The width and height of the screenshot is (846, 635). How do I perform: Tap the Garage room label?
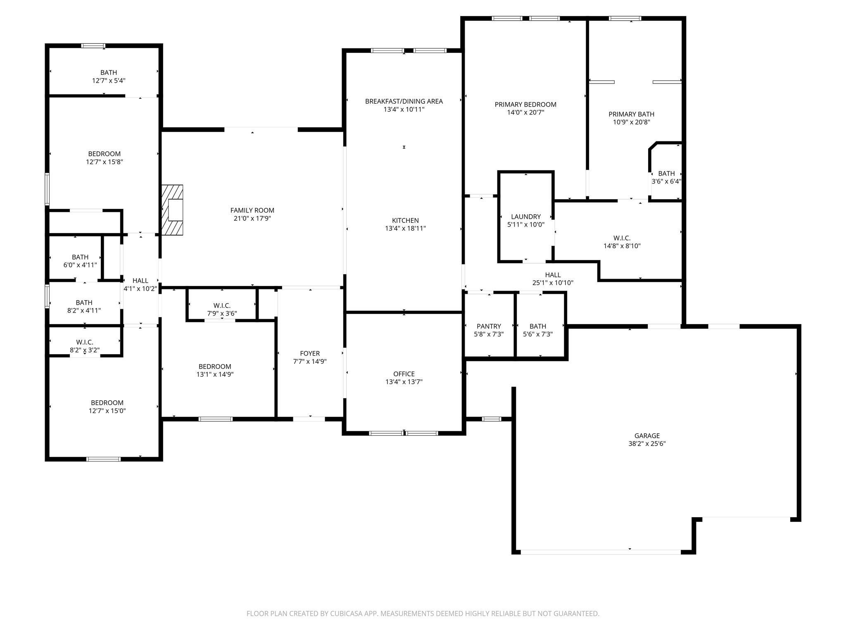[647, 436]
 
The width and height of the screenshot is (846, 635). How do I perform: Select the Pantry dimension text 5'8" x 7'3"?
[489, 334]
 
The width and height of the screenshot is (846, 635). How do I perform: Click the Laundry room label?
[525, 217]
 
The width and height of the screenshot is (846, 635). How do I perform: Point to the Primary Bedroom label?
[525, 105]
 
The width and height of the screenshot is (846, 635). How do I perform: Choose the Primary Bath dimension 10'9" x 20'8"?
[631, 122]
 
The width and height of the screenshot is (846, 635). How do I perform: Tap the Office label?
[404, 374]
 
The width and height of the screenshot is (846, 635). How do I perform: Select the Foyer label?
[310, 353]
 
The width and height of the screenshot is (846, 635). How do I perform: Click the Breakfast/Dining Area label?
[404, 101]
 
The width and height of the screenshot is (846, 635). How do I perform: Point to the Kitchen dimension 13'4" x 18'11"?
[405, 228]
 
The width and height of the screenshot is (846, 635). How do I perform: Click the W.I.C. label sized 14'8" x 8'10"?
[622, 238]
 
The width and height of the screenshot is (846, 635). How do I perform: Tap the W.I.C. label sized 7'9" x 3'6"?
[222, 306]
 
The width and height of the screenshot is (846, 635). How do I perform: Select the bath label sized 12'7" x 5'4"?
[109, 73]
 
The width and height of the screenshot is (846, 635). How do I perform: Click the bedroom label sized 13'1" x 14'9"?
[215, 367]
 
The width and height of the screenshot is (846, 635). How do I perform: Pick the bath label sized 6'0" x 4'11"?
[80, 257]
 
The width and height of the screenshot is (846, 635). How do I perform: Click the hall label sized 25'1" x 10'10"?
[553, 275]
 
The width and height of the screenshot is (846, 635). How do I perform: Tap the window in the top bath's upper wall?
[93, 46]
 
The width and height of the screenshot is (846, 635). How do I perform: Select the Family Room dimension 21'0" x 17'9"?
[252, 218]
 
